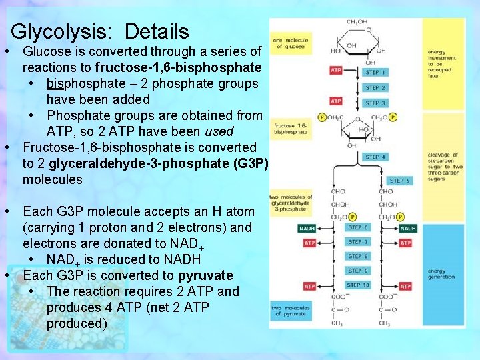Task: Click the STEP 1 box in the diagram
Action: click(375, 72)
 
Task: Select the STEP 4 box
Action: click(375, 157)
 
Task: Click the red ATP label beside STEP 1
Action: click(335, 71)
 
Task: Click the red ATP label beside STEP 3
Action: click(335, 101)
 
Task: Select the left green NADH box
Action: click(307, 228)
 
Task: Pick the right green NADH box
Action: click(407, 228)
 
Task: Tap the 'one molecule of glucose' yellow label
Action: click(289, 43)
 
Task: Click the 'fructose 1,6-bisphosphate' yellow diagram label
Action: click(289, 129)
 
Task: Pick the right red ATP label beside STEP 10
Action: click(405, 286)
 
